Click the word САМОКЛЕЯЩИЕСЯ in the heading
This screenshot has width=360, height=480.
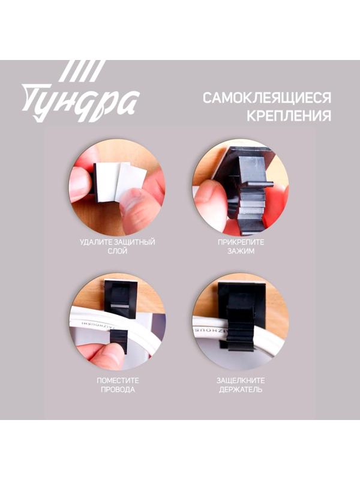coord(266,98)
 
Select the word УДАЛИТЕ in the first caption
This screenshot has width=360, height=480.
coord(95,242)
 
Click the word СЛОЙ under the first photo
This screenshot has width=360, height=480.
coord(118,252)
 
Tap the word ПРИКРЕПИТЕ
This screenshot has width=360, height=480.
coord(241,242)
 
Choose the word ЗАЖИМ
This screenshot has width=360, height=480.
coord(241,252)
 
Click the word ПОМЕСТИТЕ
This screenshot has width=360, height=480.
coord(118,380)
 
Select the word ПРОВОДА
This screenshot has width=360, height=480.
coord(118,390)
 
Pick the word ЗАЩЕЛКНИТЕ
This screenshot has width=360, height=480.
coord(241,380)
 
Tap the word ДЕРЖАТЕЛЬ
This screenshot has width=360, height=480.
coord(241,390)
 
